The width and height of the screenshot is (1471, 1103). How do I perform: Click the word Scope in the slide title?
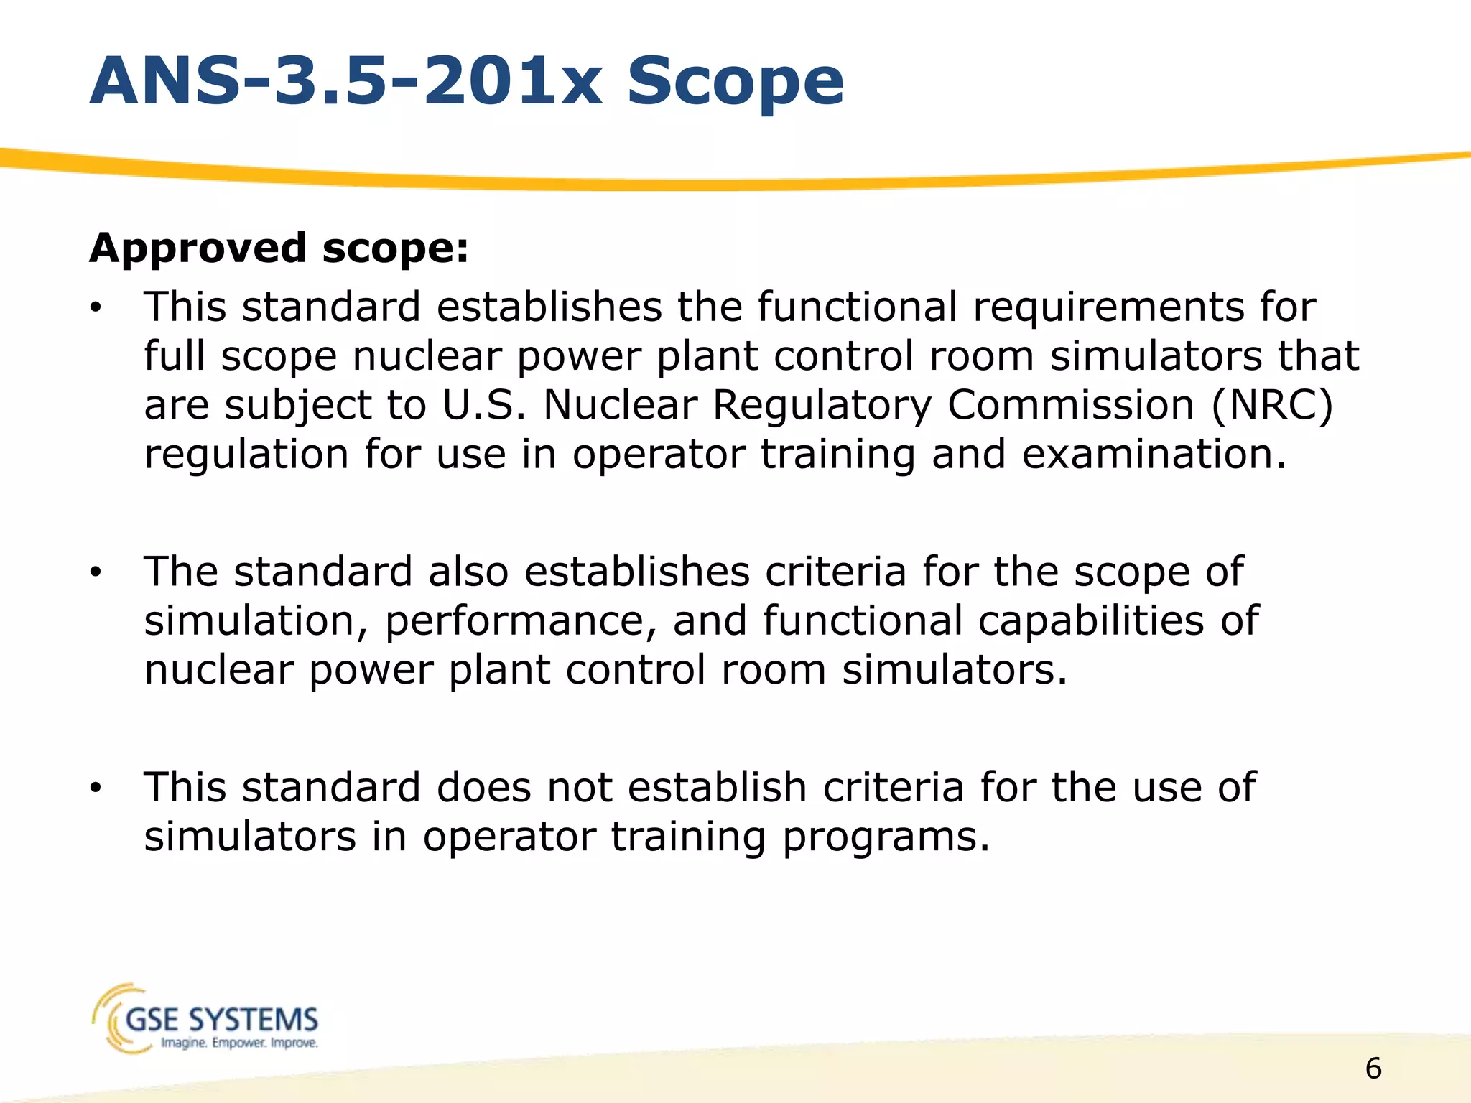click(735, 83)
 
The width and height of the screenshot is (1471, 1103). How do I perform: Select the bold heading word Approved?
click(198, 248)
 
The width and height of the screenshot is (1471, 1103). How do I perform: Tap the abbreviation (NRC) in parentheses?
click(1272, 405)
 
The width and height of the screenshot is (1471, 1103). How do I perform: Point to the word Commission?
click(1071, 405)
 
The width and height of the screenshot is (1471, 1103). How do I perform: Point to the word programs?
click(886, 837)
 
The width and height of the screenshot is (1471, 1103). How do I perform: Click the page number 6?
click(1373, 1069)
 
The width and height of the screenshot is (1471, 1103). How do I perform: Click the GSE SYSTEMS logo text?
click(221, 1019)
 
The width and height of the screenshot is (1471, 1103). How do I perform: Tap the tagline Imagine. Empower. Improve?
click(239, 1043)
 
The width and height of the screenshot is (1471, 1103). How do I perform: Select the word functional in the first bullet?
click(857, 307)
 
